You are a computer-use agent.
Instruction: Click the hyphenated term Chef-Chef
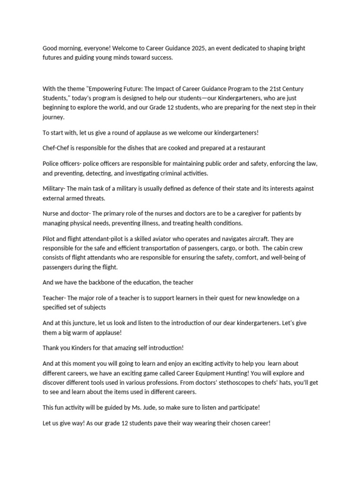click(x=56, y=148)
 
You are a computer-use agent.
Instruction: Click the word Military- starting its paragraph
click(x=55, y=189)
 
